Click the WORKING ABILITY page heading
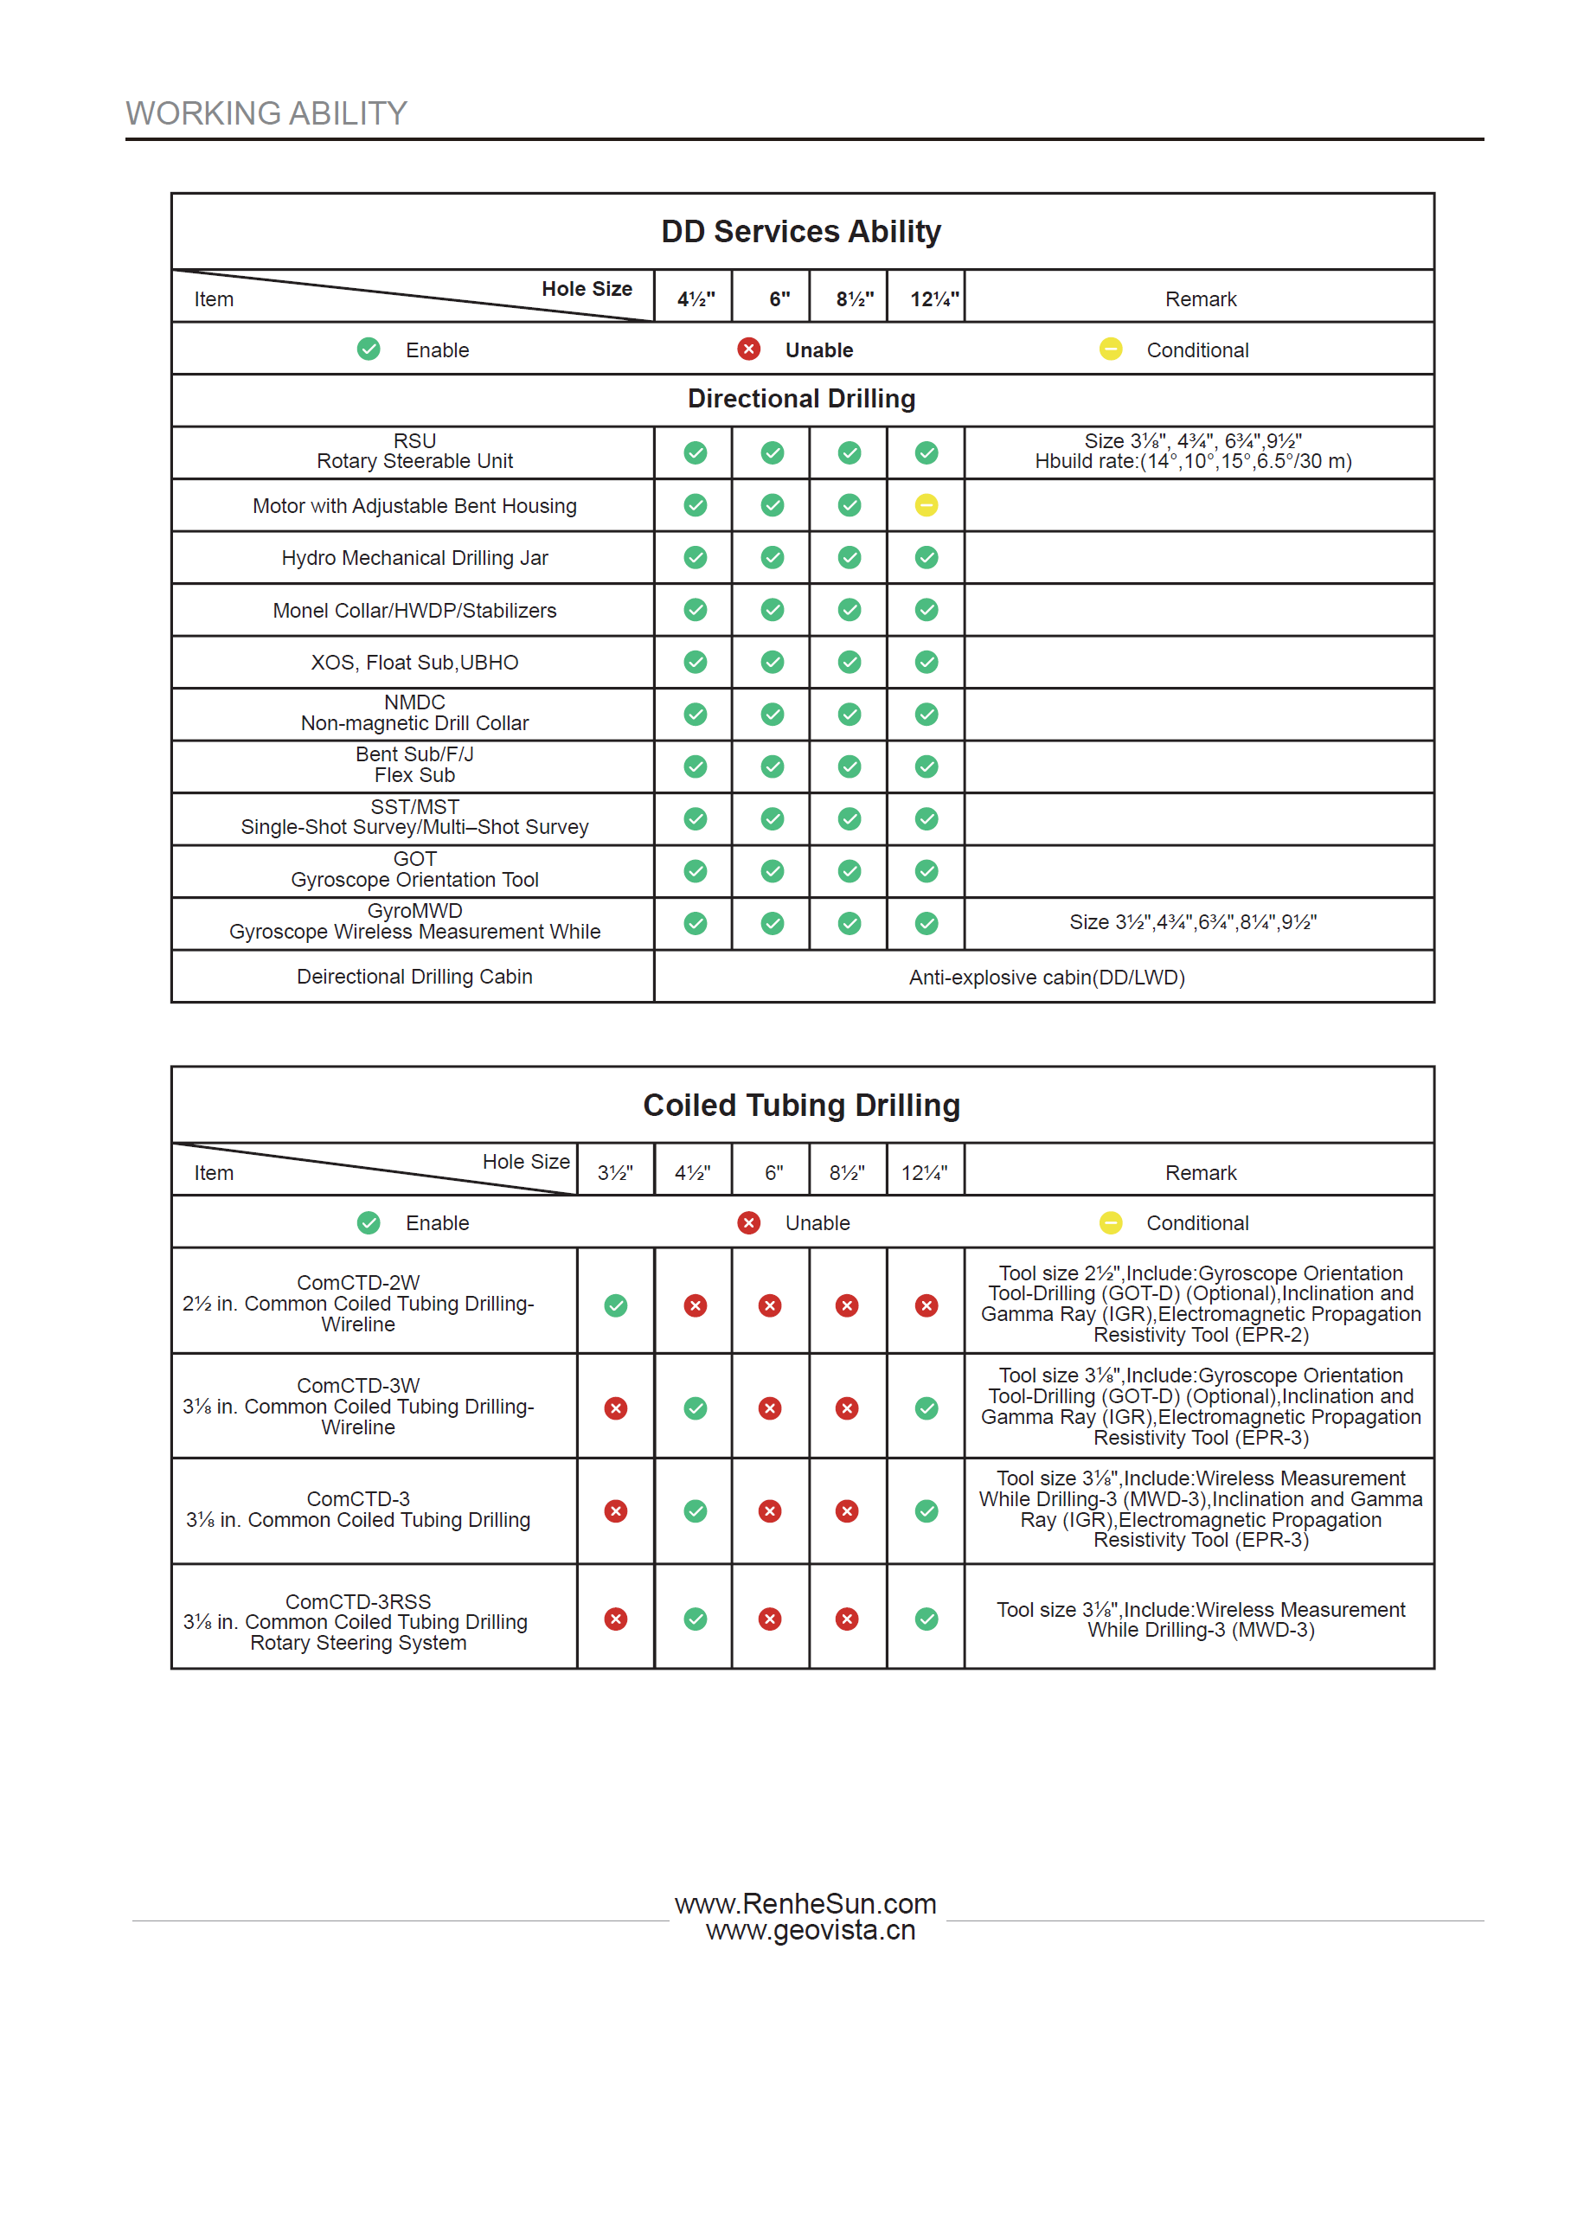(266, 113)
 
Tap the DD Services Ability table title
(800, 232)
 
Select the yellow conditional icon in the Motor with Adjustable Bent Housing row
(927, 505)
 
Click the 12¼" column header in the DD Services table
(934, 299)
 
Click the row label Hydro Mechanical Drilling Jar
(414, 558)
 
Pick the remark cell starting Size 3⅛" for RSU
(1192, 452)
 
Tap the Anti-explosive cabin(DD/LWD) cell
(1047, 977)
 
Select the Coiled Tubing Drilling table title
(800, 1106)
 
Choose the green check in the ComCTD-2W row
(615, 1305)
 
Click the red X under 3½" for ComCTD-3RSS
(615, 1619)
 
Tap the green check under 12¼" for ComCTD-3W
(927, 1408)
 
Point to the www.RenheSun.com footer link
(805, 1904)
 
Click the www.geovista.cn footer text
(811, 1930)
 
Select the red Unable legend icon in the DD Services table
(748, 349)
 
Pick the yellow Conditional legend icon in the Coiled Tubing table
(1111, 1223)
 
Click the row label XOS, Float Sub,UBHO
(414, 663)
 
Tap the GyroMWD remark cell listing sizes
(1192, 922)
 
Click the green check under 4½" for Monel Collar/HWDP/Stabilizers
(695, 610)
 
